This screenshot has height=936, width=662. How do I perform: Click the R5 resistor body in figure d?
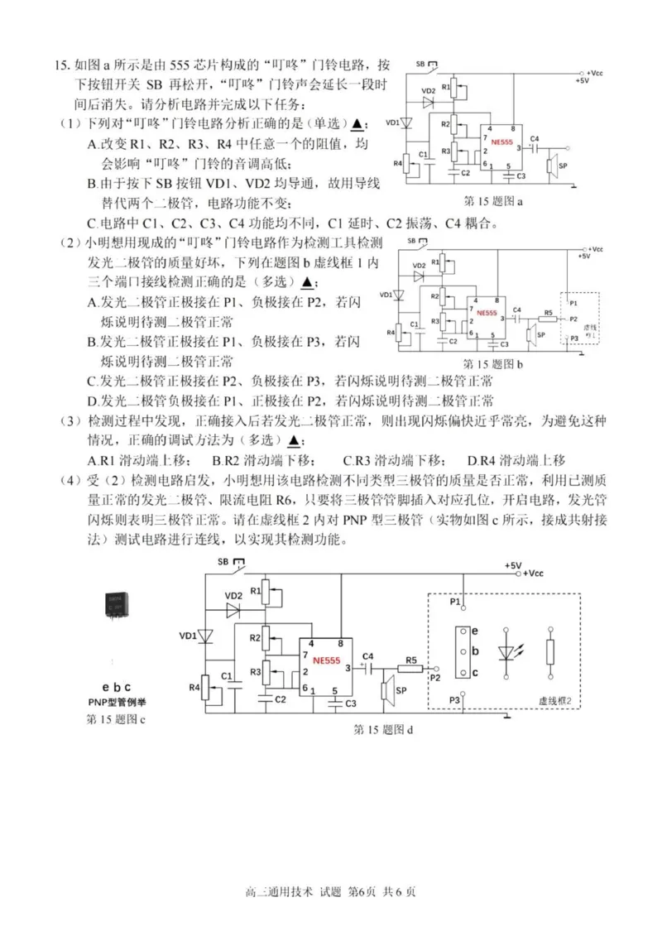click(411, 669)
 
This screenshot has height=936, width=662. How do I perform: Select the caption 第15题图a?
click(497, 201)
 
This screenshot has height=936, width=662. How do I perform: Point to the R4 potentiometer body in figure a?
click(406, 164)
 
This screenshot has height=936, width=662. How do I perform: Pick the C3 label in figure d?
click(350, 703)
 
